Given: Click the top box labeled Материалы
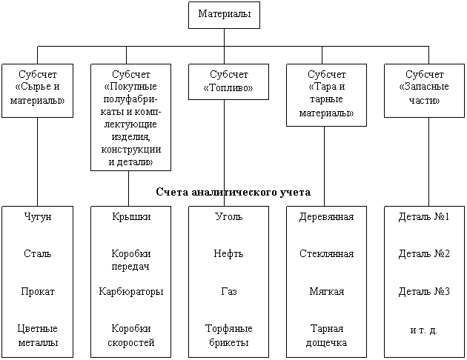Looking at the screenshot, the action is pyautogui.click(x=224, y=15).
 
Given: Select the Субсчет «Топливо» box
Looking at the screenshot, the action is pyautogui.click(x=228, y=81).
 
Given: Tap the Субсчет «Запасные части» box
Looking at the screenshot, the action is pyautogui.click(x=424, y=91).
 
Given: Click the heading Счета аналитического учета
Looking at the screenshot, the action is pyautogui.click(x=233, y=192).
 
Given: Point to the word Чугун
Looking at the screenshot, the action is pyautogui.click(x=38, y=216).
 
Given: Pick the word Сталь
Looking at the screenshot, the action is pyautogui.click(x=38, y=253).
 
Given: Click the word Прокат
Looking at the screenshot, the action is pyautogui.click(x=38, y=291).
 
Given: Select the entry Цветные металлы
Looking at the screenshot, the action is pyautogui.click(x=38, y=336).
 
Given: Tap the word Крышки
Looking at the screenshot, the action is pyautogui.click(x=131, y=216).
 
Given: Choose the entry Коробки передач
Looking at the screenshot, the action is pyautogui.click(x=130, y=260).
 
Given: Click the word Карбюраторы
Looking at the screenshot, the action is pyautogui.click(x=131, y=291).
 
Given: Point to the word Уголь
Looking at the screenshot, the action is pyautogui.click(x=229, y=216).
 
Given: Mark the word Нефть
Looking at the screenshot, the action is pyautogui.click(x=228, y=253).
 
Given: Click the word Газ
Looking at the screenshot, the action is pyautogui.click(x=229, y=291).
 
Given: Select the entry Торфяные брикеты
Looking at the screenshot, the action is pyautogui.click(x=229, y=336).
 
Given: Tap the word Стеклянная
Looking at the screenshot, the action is pyautogui.click(x=326, y=253).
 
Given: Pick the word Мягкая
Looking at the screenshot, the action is pyautogui.click(x=326, y=291).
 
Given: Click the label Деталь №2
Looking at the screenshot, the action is pyautogui.click(x=424, y=253).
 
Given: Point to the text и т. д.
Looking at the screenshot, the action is pyautogui.click(x=423, y=330).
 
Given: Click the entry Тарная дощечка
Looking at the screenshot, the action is pyautogui.click(x=326, y=336).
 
